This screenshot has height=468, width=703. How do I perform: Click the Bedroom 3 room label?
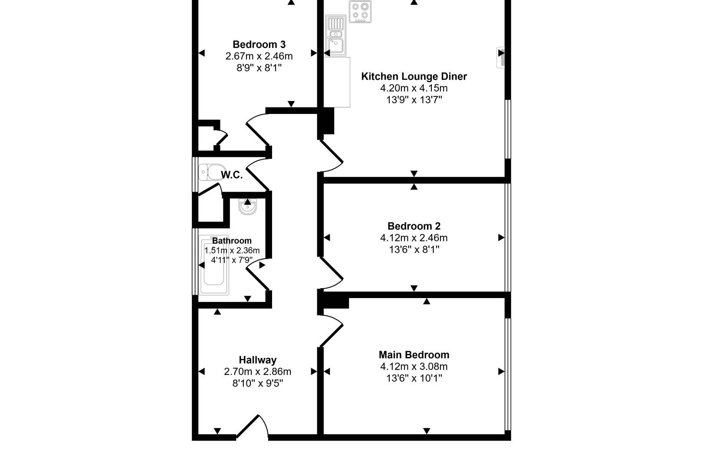point(259,44)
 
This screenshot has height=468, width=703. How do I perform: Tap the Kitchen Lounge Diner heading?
point(414,76)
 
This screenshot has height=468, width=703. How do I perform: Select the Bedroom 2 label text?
point(414,226)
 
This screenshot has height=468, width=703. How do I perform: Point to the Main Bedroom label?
point(414,354)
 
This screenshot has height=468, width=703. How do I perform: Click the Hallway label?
point(257,360)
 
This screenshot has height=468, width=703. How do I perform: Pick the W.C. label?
point(232,175)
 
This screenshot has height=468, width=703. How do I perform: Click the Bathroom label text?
point(232,240)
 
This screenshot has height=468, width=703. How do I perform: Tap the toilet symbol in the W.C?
point(210,172)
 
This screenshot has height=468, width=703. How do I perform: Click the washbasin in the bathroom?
point(248,207)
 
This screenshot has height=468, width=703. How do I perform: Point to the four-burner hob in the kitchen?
point(360,12)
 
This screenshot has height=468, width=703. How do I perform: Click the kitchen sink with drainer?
point(335,37)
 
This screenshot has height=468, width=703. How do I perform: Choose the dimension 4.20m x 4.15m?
point(414,88)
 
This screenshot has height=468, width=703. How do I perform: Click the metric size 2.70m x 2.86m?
point(257,371)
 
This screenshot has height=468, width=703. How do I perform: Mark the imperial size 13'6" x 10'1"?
point(414,378)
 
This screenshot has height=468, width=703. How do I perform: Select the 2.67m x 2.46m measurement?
point(259,56)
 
